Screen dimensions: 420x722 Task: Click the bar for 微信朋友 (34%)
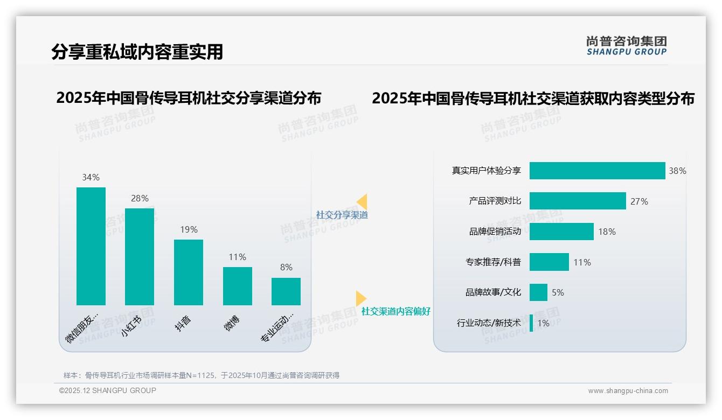coord(91,246)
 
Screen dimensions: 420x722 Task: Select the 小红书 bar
coord(140,256)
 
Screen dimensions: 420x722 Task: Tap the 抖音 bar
coord(189,272)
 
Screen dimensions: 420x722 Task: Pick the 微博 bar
coord(238,286)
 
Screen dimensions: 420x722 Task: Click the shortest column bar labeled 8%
coord(286,291)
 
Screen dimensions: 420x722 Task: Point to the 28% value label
coord(140,198)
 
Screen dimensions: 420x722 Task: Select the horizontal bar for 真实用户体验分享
coord(597,171)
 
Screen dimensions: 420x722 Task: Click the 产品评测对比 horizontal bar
coord(578,201)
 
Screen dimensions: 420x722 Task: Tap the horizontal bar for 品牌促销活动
coord(561,232)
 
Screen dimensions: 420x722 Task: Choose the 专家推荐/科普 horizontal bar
coord(549,262)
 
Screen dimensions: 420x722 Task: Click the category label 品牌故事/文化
coord(493,292)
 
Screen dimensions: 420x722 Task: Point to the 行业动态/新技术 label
coord(489,323)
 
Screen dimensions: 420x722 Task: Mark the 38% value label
coord(677,171)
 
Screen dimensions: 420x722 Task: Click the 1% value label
coord(543,323)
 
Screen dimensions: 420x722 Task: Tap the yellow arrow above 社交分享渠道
coord(362,202)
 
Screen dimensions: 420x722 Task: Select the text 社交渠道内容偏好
coord(395,311)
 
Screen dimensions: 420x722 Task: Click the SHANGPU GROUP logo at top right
coord(627,46)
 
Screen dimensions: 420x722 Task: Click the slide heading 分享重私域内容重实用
coord(137,52)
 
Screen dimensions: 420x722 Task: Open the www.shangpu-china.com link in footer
coord(628,391)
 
